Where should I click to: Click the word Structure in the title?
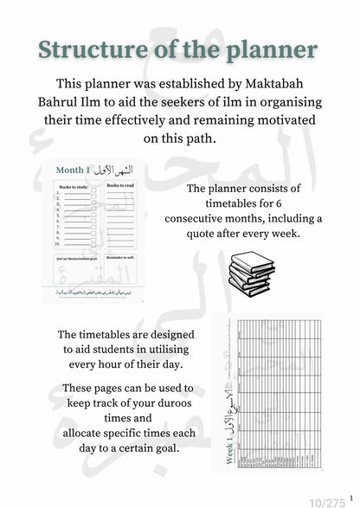[99, 49]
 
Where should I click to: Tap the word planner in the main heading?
[270, 49]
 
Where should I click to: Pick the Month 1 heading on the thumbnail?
[77, 170]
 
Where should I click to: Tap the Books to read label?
[123, 187]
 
